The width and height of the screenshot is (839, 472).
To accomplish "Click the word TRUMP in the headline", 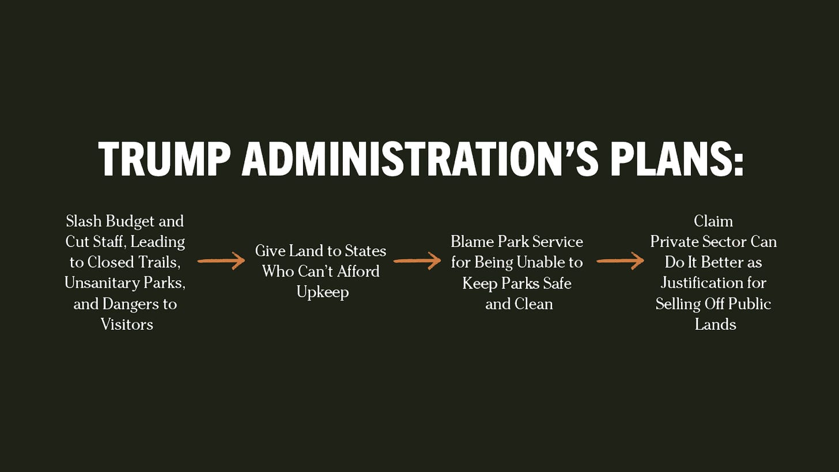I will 165,159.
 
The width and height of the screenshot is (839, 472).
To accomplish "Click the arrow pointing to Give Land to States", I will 221,261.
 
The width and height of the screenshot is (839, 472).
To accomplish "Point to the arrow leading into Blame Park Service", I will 417,261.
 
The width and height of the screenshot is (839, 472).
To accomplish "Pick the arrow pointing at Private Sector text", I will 620,261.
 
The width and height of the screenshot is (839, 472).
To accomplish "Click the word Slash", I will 84,221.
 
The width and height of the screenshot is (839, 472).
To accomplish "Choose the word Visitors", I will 127,325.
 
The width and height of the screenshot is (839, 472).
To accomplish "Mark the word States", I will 365,251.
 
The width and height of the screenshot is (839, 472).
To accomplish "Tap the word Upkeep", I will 323,292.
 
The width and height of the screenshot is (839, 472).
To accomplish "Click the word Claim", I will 713,221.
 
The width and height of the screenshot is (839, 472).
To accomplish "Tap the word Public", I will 748,304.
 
